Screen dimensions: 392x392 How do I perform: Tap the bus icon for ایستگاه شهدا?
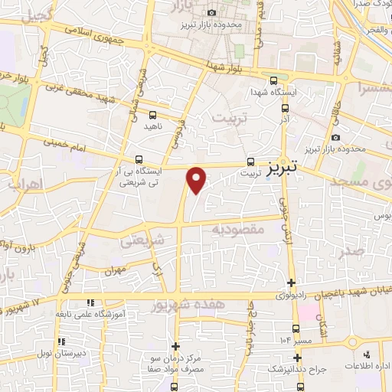coord(274,80)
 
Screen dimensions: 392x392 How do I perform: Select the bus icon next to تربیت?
coord(250,162)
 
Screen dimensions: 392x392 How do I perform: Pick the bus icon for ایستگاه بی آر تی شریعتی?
coord(138,159)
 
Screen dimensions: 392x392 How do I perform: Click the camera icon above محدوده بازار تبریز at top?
coord(211,13)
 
